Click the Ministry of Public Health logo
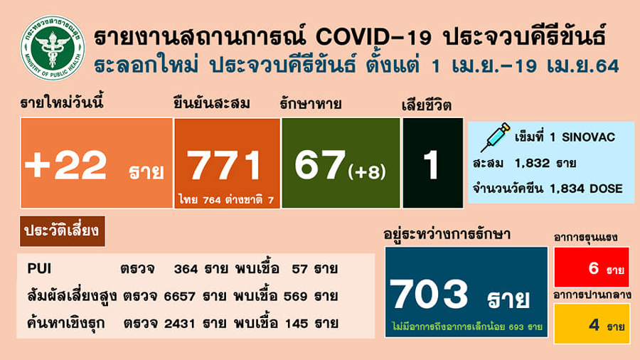52,47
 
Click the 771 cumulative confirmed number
226,165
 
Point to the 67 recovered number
319,165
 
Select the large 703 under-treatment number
429,292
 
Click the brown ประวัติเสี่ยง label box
63,231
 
